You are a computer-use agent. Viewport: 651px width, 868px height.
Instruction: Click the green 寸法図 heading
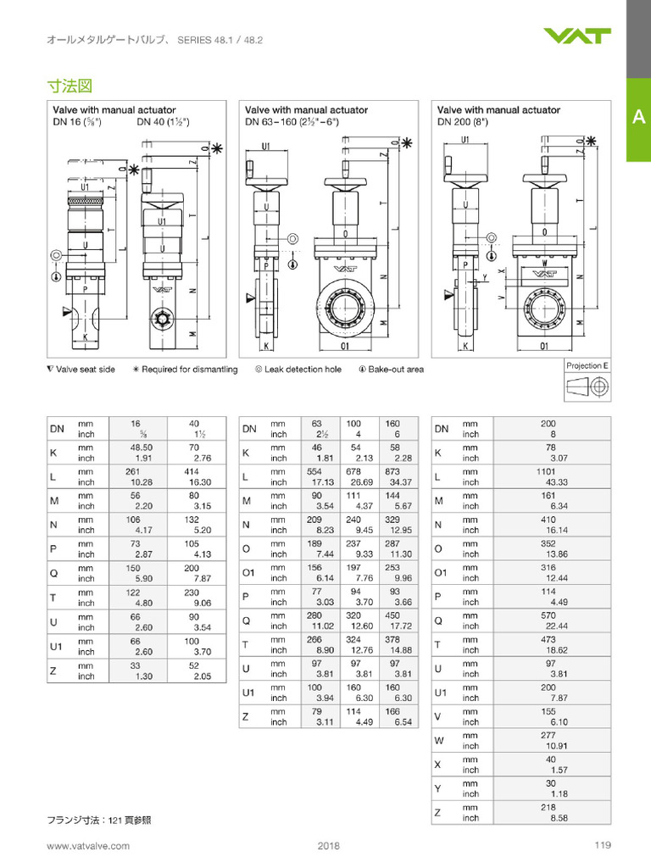click(69, 86)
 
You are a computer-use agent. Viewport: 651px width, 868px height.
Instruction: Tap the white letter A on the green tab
click(638, 118)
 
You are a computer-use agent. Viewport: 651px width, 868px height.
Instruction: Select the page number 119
click(603, 844)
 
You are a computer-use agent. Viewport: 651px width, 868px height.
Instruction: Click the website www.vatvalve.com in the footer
click(88, 845)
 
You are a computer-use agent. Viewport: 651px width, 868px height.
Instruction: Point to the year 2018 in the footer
click(328, 845)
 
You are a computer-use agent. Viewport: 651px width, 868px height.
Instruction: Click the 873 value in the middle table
click(392, 470)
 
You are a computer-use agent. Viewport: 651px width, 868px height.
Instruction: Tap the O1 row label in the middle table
click(249, 572)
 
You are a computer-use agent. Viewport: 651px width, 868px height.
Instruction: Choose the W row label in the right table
click(439, 740)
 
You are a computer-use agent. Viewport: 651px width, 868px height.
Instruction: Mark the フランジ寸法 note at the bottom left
click(98, 820)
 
